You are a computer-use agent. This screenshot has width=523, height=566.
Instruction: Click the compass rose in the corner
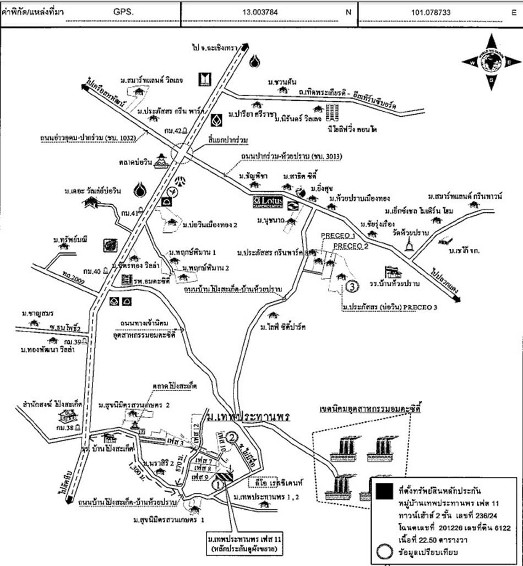pos(491,62)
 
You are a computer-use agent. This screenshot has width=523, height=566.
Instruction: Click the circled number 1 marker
pos(217,485)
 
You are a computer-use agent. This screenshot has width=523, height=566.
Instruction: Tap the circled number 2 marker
pos(233,438)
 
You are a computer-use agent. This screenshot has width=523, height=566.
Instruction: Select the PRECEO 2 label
pos(351,246)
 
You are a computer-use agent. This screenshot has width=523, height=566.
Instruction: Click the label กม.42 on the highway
pos(172,130)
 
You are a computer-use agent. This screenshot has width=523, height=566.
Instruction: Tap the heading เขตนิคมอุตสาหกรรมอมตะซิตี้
pos(366,410)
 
